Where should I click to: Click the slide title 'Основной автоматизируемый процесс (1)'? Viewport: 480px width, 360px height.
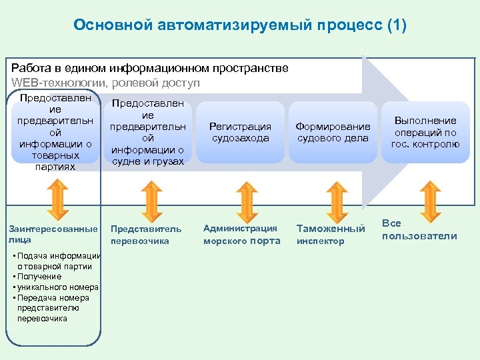(240, 25)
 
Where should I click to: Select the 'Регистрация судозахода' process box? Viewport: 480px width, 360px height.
(240, 132)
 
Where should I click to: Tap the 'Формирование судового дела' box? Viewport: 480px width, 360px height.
(333, 132)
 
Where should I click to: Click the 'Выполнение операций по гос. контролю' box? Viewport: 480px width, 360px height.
(425, 132)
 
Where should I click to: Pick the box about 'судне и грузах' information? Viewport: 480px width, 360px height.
(147, 132)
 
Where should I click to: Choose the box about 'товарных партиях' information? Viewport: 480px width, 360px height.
(55, 132)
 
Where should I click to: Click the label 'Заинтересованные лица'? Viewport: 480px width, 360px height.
(53, 234)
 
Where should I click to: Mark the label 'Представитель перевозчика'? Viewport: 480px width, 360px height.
(145, 235)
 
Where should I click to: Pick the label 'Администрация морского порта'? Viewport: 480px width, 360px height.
(241, 235)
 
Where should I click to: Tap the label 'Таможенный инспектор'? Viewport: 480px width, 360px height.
(331, 235)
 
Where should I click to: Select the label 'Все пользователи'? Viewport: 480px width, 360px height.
(419, 230)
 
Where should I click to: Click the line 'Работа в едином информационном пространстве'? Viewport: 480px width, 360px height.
(150, 68)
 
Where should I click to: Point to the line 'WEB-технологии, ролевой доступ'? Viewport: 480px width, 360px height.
(105, 83)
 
